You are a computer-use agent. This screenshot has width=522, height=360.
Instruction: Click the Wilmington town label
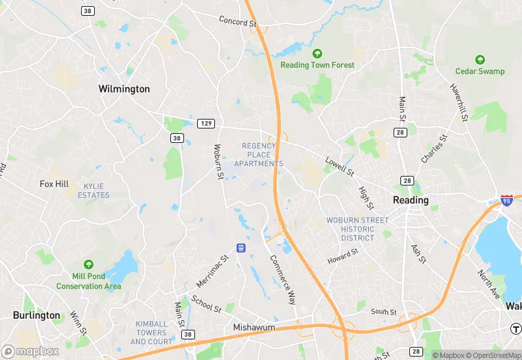pos(124,89)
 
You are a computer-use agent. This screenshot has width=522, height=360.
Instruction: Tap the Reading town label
pos(410,201)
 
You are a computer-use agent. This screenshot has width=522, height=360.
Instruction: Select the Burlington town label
pos(36,315)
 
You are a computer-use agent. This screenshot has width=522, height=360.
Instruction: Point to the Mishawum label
pos(254,328)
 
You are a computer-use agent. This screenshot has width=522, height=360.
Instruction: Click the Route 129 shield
pos(206,124)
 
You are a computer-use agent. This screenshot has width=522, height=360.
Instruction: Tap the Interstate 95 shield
pos(507,201)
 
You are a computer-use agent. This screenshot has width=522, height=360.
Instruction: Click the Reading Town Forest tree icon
pos(317,54)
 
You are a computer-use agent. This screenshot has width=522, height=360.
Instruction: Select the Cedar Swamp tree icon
pos(479,60)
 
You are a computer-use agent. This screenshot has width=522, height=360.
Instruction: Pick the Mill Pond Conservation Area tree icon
pos(89,265)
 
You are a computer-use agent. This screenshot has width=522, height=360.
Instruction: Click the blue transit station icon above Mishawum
pos(241,247)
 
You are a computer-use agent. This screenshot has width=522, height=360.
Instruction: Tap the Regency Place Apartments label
pos(258,155)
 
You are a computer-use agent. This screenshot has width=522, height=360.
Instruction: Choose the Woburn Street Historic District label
pos(358,229)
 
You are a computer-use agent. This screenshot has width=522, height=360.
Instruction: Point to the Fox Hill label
pos(54,184)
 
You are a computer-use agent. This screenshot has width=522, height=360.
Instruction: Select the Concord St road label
pos(237,22)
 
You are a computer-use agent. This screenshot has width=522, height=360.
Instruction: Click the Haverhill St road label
pos(459,103)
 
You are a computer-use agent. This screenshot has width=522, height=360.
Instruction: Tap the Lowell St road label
pos(339,166)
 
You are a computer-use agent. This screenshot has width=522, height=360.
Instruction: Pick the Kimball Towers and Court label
pos(152,332)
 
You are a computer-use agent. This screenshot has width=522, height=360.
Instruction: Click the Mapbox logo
pos(30,351)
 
